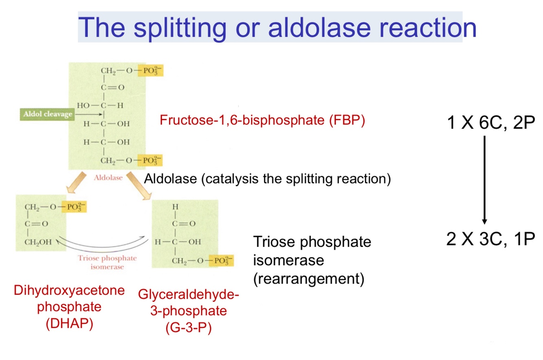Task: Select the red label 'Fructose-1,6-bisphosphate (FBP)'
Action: pos(262,120)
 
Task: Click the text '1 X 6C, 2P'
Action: pos(490,122)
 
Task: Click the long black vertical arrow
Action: pos(484,179)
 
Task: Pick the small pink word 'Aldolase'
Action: pos(108,178)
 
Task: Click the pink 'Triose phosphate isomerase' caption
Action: pos(107,262)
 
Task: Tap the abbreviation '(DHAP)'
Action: pos(69,324)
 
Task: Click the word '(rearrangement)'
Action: pos(308,280)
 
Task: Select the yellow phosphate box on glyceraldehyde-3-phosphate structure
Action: pos(221,260)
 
